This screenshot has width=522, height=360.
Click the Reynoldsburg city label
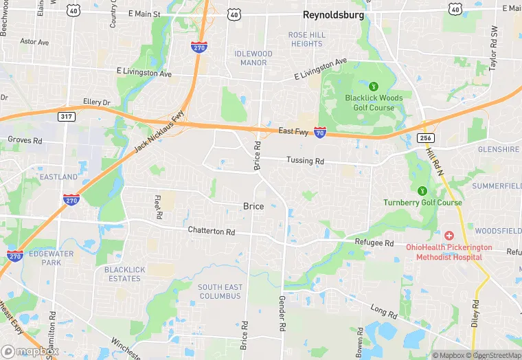332,14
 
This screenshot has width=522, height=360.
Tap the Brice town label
253,206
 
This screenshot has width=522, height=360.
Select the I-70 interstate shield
320,132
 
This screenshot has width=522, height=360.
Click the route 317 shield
67,117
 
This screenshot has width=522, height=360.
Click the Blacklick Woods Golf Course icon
374,87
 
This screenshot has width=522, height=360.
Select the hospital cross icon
449,235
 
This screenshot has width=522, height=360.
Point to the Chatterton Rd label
211,231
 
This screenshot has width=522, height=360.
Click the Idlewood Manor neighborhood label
253,58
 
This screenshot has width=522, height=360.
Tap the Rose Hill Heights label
306,39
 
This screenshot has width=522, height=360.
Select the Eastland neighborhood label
58,177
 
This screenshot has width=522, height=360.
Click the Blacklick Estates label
125,274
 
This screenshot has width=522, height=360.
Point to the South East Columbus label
220,291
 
